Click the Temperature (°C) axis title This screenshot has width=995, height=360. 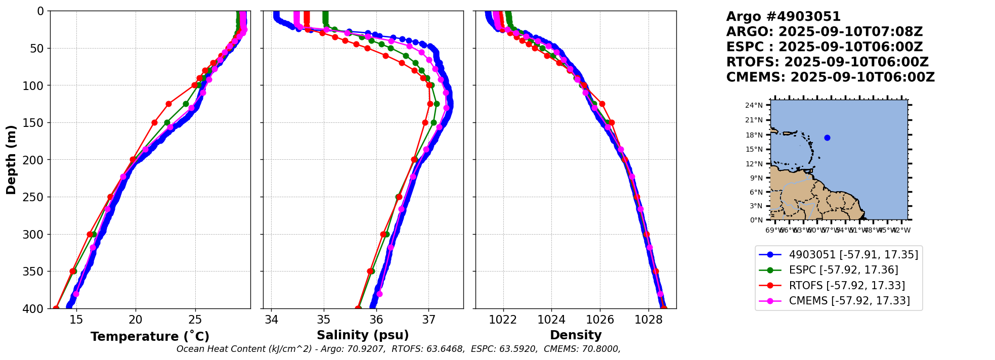click(150, 337)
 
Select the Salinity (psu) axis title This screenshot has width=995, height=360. click(363, 335)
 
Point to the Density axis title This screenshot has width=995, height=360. click(576, 335)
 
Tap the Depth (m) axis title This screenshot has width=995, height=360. click(11, 160)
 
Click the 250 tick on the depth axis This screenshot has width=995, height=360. click(37, 197)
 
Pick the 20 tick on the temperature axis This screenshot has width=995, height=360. click(136, 320)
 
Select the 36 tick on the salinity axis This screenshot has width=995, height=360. click(376, 320)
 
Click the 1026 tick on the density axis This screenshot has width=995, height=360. click(600, 320)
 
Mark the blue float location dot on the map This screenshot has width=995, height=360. click(827, 138)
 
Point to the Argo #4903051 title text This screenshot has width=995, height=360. click(783, 17)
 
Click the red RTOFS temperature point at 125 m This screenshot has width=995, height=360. click(168, 104)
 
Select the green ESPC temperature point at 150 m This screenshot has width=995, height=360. click(167, 122)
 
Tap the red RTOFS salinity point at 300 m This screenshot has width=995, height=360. click(383, 234)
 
